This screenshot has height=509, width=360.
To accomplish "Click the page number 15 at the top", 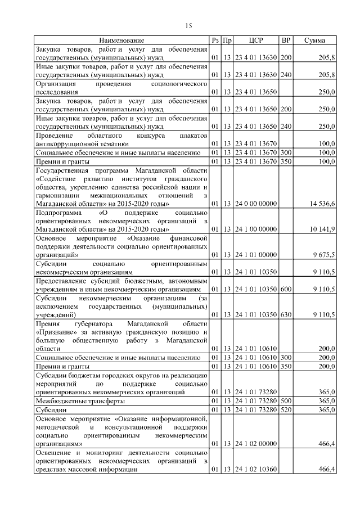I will pos(188,25).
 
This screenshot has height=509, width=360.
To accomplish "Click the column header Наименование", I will pos(121,40).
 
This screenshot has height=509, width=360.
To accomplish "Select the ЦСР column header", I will pos(255,40).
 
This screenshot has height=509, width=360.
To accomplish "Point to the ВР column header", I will pos(286,40).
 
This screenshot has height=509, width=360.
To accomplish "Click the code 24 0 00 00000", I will pos(255,203).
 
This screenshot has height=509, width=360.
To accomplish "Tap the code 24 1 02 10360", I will pos(255,469).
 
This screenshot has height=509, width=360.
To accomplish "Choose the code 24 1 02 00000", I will pos(255,444).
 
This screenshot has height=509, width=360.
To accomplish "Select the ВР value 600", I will pos(286,289).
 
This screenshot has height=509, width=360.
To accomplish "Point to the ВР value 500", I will pos(286,401).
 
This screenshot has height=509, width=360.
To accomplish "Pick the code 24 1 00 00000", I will pos(255,229).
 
